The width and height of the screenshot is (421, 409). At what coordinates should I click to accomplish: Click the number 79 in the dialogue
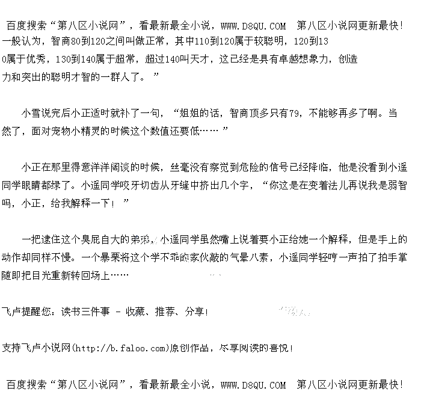pos(295,112)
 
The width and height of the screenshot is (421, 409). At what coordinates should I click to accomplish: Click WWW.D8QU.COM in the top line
pos(253,26)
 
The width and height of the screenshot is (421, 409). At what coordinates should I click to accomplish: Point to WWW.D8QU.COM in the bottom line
pos(253,385)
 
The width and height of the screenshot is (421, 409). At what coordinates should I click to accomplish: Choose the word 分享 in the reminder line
pos(195,312)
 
